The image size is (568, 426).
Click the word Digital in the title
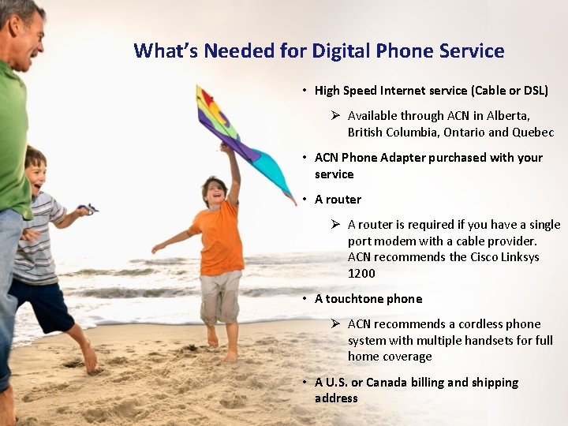344,51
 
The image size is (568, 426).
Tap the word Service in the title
470,51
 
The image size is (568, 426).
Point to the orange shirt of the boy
217,237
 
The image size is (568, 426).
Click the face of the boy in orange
214,192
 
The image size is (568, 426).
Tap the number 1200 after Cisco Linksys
361,274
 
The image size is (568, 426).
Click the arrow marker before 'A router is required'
334,225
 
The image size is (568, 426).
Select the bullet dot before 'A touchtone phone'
305,299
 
